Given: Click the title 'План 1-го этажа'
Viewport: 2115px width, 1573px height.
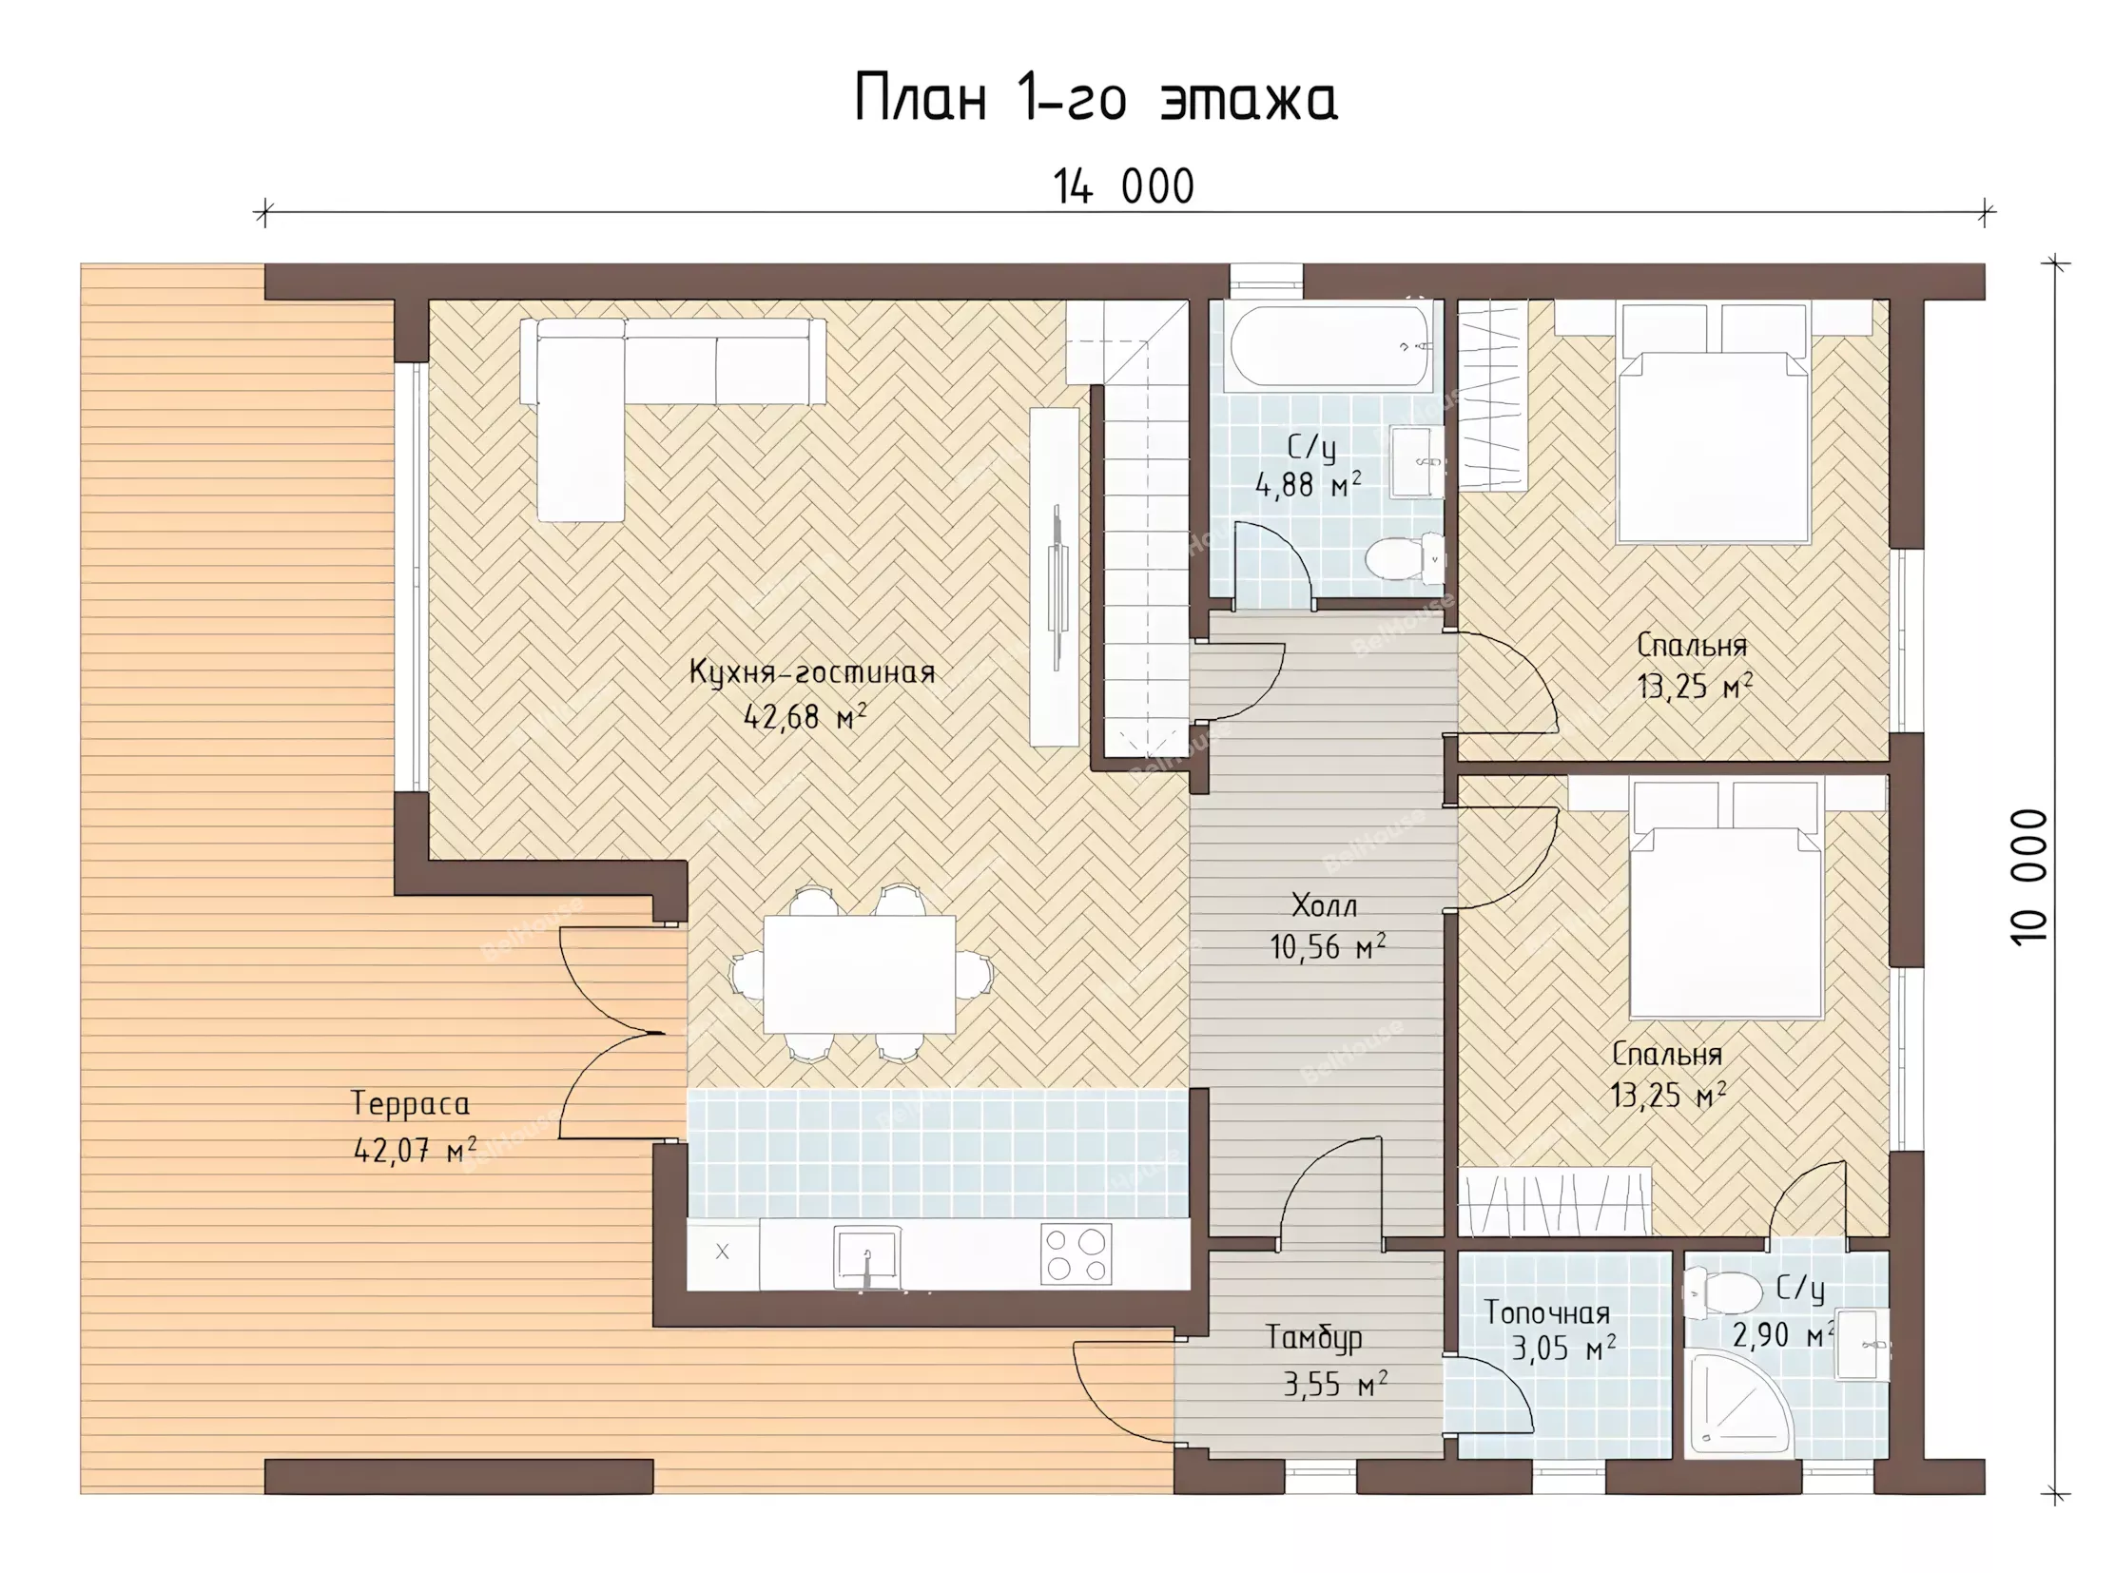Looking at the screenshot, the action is coord(1096,98).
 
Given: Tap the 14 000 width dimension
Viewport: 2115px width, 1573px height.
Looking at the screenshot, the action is coord(1124,186).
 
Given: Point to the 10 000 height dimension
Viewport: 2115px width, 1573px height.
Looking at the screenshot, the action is coord(2028,877).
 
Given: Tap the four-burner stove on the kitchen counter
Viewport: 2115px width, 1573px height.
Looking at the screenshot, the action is coord(1077,1254).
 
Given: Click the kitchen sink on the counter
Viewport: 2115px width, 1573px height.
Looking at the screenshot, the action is coord(866,1257).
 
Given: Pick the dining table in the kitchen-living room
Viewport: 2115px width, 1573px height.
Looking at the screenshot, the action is coord(860,974).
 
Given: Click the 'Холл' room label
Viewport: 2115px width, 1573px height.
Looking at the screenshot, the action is coord(1324,904).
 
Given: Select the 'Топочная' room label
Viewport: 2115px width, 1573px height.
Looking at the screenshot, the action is coord(1547,1313).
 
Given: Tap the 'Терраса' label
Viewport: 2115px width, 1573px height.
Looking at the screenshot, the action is coord(411,1104).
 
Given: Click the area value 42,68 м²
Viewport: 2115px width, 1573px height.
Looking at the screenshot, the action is coord(805,717).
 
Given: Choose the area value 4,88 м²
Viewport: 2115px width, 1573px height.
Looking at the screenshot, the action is coord(1308,486).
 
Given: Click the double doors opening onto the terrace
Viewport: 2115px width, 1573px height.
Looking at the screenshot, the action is coord(623,1032).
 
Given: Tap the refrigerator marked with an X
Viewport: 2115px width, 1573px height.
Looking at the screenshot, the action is coord(723,1253).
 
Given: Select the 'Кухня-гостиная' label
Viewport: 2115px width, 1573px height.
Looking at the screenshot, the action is coord(812,673).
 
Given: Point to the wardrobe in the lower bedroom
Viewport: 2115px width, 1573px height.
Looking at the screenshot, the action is coord(1555,1203).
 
